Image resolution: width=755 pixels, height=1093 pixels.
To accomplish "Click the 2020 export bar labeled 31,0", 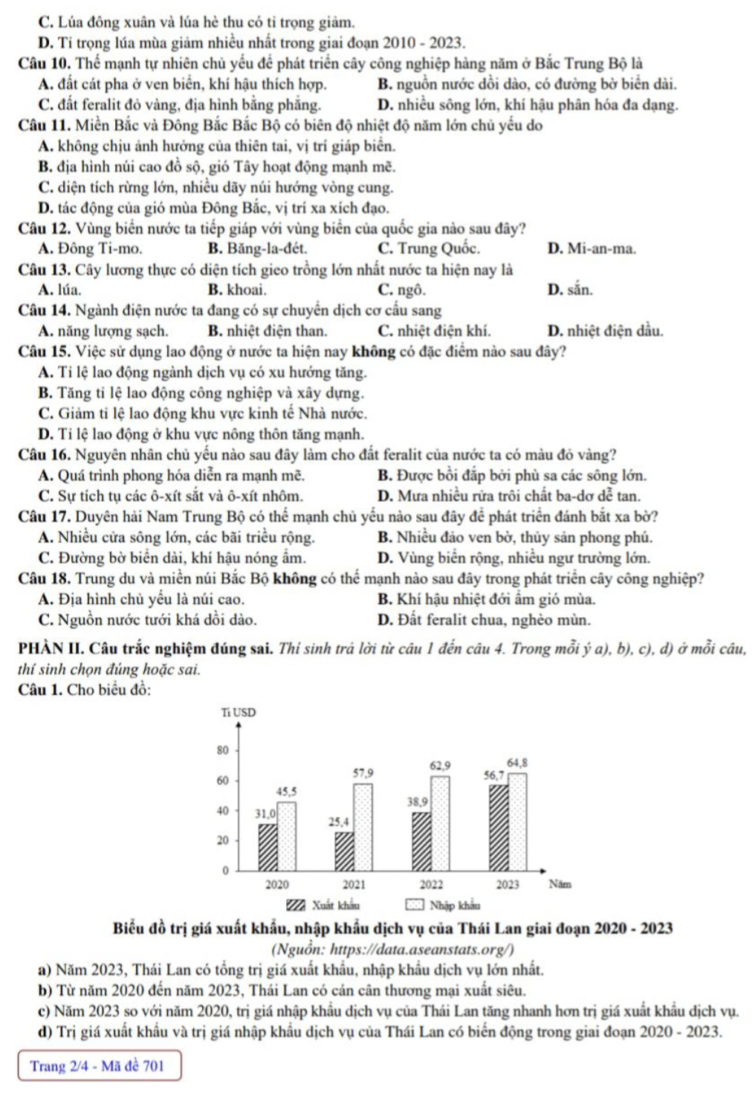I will pos(268,847).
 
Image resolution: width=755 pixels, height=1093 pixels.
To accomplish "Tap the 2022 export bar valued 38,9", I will pos(421,841).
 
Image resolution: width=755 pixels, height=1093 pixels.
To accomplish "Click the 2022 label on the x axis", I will pos(431,885).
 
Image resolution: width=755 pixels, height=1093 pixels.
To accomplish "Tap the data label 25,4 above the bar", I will pos(339,822).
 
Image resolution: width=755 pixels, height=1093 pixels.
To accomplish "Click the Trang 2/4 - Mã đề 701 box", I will pos(99,1065).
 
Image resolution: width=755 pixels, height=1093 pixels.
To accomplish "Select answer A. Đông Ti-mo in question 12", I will pos(90,248).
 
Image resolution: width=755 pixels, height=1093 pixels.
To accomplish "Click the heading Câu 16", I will pos(44,454).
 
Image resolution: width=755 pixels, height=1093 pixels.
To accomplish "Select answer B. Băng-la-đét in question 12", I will pos(257,248).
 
